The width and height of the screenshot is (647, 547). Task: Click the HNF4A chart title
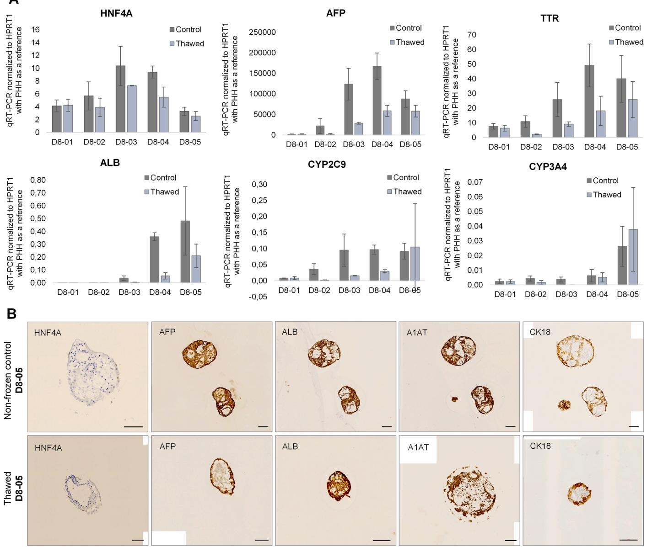pos(116,14)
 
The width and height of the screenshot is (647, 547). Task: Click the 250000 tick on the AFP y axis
pos(262,32)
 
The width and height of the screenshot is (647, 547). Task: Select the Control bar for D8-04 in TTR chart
pos(590,101)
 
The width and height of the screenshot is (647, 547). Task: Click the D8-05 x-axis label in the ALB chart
pos(191,292)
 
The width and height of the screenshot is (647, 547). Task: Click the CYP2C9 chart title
pos(327,165)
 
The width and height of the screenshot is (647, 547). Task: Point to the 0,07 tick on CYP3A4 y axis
pos(475,182)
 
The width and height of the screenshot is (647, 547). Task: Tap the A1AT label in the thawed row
pos(418,447)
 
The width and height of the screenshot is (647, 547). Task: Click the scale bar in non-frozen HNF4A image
pos(133,426)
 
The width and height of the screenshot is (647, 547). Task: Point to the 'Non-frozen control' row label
pos(8,375)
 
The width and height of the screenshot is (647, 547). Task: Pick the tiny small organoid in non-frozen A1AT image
pos(455,399)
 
